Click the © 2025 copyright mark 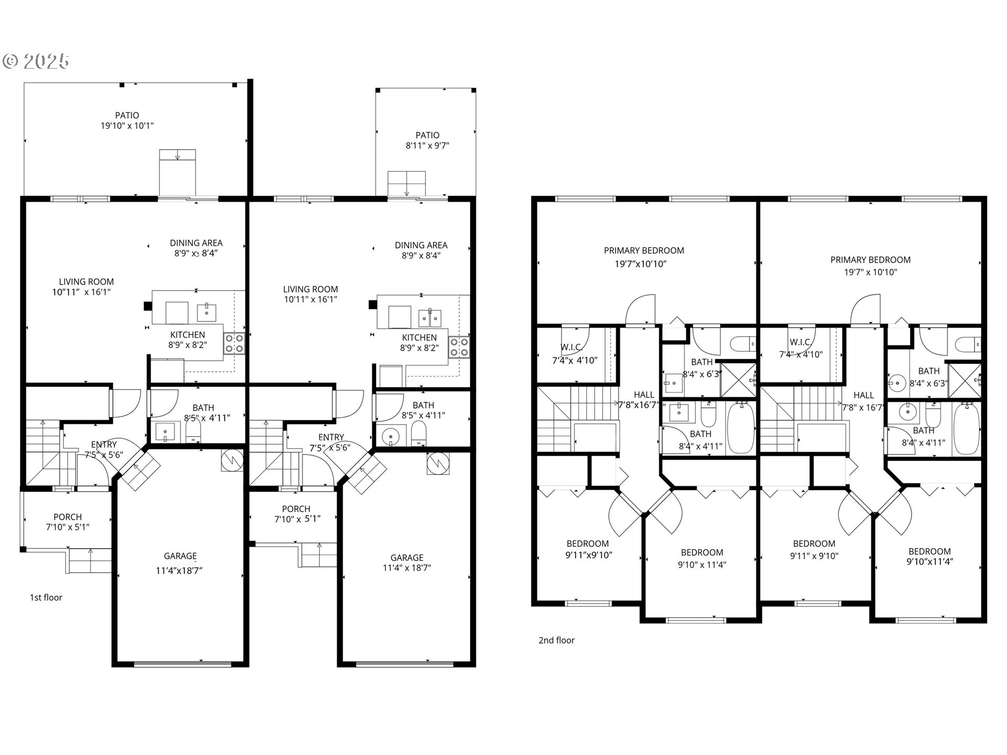pos(36,61)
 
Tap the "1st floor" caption pos(46,597)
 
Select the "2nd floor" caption pos(556,640)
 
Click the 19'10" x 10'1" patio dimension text pos(127,126)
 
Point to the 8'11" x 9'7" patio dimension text pos(427,146)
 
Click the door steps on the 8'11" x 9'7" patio pos(406,184)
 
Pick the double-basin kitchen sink pos(430,317)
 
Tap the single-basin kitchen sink pos(207,312)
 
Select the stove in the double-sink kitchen pos(459,347)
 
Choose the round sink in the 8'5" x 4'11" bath pos(391,436)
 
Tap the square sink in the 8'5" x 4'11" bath pos(166,432)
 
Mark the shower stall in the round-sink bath pos(965,380)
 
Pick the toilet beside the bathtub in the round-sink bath pos(933,415)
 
